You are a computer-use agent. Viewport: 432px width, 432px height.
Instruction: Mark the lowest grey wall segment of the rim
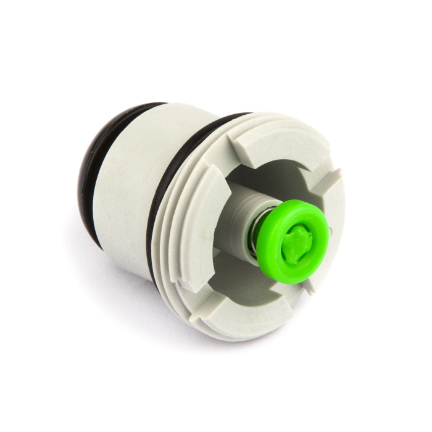247,309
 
